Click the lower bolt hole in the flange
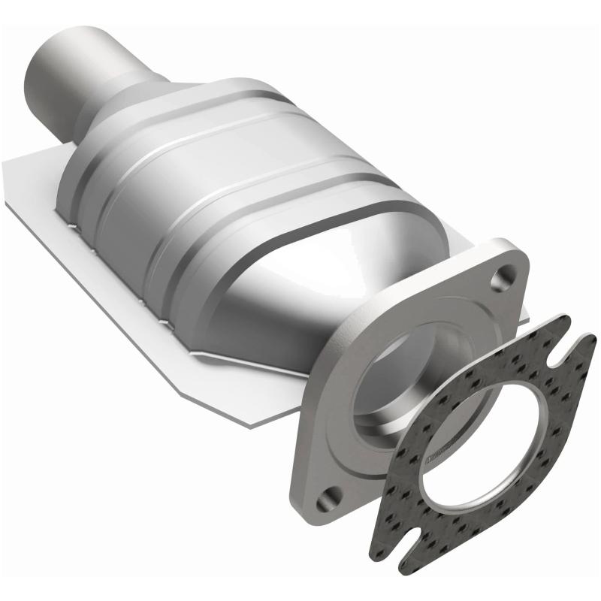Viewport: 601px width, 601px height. point(328,498)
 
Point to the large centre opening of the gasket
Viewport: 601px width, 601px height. point(481,443)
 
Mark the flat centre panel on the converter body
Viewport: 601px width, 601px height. point(218,195)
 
